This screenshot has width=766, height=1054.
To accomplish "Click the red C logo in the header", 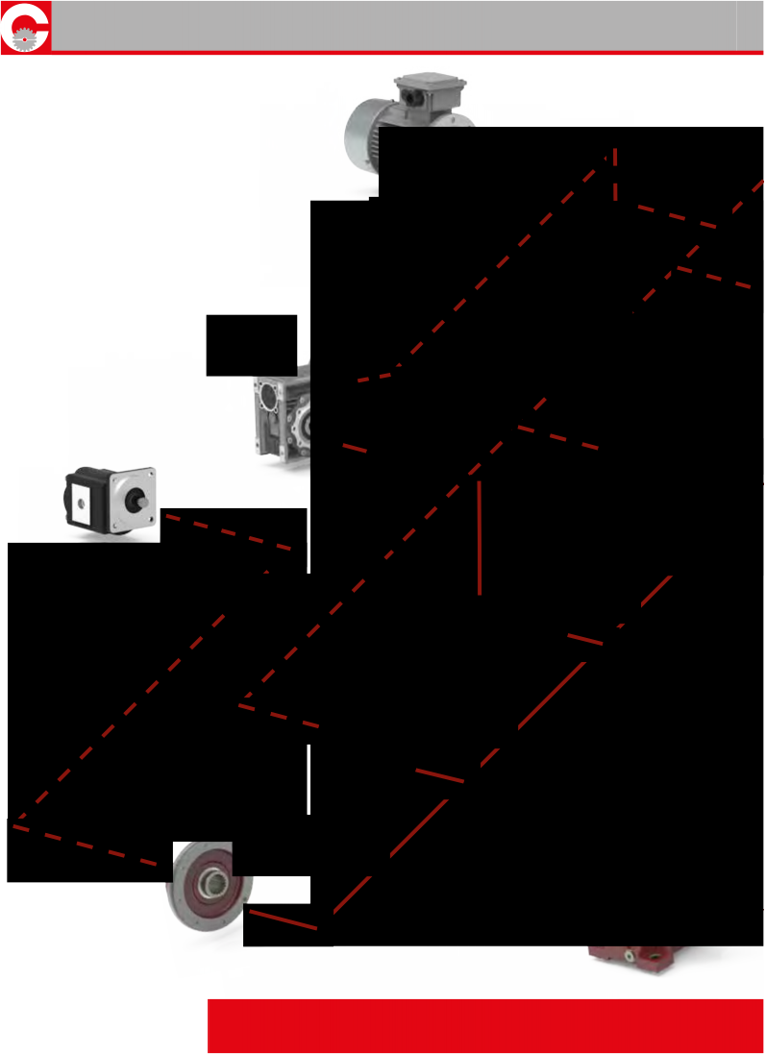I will pos(25,26).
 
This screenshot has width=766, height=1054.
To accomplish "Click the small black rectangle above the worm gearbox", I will pos(251,344).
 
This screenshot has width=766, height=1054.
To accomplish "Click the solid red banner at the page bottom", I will pos(485,1025).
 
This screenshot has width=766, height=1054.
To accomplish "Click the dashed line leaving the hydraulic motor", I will pos(231,532).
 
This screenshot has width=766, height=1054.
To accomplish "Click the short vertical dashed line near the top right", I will pos(615,174).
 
